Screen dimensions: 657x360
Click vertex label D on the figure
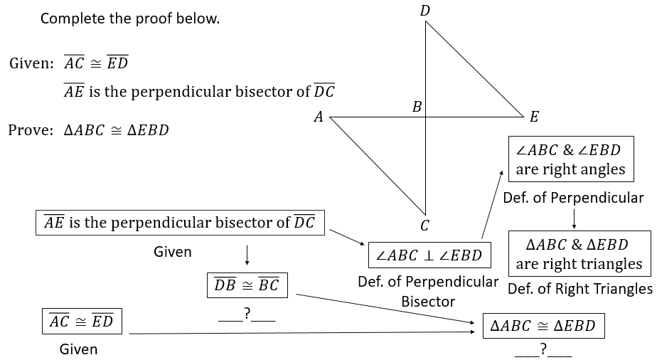[x=425, y=11]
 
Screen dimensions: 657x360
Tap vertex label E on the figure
[x=534, y=117]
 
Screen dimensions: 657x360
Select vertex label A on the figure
[x=319, y=117]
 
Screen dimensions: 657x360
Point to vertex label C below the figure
[x=424, y=226]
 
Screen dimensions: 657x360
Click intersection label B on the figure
[x=417, y=107]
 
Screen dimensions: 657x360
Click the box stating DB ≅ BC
[x=247, y=285]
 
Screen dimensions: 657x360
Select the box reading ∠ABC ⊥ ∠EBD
[x=429, y=255]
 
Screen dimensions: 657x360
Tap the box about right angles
[x=571, y=159]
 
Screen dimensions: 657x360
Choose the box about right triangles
[x=579, y=253]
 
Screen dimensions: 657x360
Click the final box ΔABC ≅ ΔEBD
[x=543, y=326]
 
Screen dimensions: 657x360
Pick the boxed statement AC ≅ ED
[x=82, y=321]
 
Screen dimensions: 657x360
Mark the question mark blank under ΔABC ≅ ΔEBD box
[x=543, y=349]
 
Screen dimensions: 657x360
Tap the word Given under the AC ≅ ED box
[x=78, y=349]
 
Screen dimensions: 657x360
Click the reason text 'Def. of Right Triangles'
[x=580, y=289]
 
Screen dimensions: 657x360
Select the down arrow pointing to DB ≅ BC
[x=247, y=255]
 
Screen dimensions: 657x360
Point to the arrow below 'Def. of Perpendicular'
[x=574, y=218]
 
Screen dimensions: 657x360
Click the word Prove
[x=31, y=130]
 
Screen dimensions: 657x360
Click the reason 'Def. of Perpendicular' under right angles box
[x=573, y=198]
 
